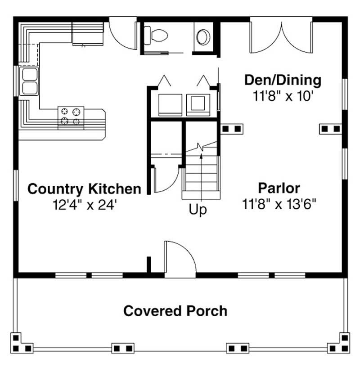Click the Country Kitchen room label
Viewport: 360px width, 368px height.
[x=84, y=188]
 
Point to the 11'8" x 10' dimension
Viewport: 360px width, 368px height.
[x=283, y=96]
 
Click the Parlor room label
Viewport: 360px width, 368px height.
[x=279, y=188]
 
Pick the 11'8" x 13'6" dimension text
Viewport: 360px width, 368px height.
[x=279, y=204]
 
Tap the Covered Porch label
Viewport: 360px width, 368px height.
[x=175, y=311]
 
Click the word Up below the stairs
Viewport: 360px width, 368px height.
[x=198, y=209]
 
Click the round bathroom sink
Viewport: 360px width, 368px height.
[x=203, y=36]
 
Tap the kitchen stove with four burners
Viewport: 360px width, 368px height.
[x=71, y=116]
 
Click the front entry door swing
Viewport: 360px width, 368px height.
[x=179, y=259]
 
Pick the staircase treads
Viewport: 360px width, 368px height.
[x=201, y=175]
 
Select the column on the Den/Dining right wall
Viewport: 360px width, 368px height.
[x=330, y=129]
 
